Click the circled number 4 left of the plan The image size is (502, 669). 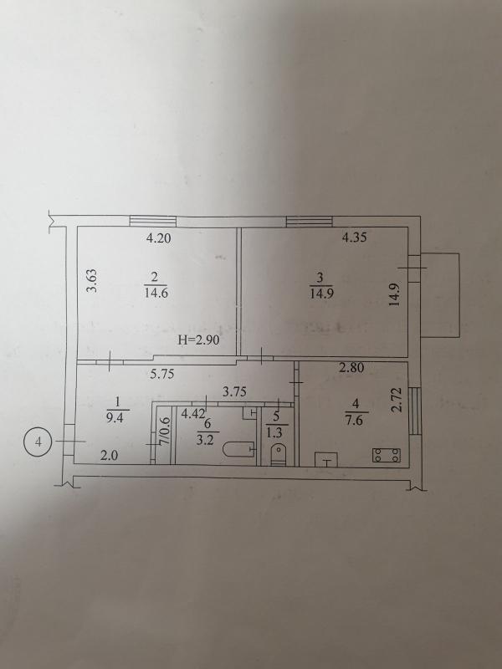click(38, 442)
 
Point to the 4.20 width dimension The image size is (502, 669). click(158, 238)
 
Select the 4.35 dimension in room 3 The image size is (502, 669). click(354, 237)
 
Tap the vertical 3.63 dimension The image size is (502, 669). click(92, 280)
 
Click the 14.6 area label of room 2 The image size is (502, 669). click(156, 294)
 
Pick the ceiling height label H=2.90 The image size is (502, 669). click(198, 340)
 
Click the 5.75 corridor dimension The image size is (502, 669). click(162, 374)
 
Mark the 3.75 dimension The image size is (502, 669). click(234, 391)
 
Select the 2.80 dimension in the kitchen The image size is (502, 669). click(351, 367)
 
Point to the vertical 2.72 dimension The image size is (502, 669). click(397, 400)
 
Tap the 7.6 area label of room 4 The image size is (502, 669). click(355, 421)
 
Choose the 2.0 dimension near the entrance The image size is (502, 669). click(109, 456)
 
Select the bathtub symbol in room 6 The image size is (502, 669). click(238, 449)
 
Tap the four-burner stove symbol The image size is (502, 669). click(387, 455)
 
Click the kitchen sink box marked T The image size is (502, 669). click(326, 460)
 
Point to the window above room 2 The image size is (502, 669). click(153, 221)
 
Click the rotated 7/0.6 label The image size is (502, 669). click(165, 432)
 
